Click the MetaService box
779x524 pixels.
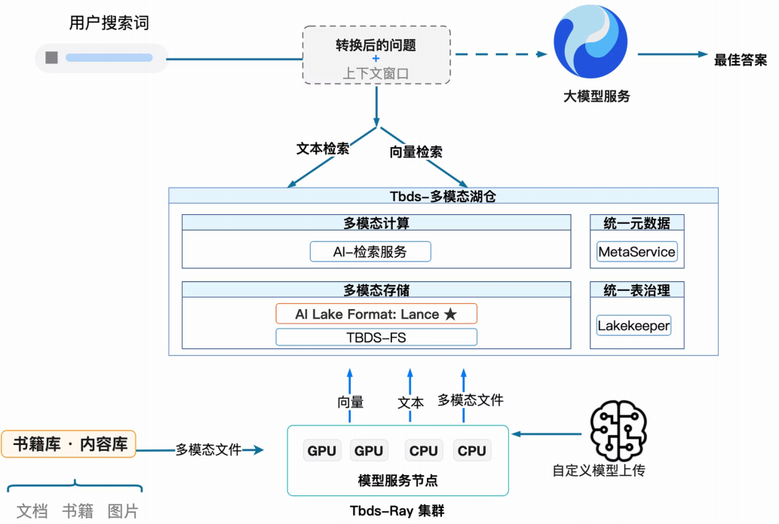pos(636,252)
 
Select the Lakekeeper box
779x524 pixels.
pos(633,326)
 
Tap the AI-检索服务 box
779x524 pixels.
pos(370,252)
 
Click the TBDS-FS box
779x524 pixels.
pos(376,337)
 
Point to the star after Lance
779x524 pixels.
pos(450,314)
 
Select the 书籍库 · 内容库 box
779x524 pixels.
pos(69,444)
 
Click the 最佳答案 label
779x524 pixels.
pos(741,60)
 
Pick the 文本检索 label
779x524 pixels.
pos(323,149)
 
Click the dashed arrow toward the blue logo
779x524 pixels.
pos(501,54)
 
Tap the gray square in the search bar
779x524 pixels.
pos(51,57)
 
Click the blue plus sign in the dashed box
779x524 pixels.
pos(376,59)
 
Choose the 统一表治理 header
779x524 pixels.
pos(636,290)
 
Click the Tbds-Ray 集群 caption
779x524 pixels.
pos(397,510)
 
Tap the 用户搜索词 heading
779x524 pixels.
pos(109,23)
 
